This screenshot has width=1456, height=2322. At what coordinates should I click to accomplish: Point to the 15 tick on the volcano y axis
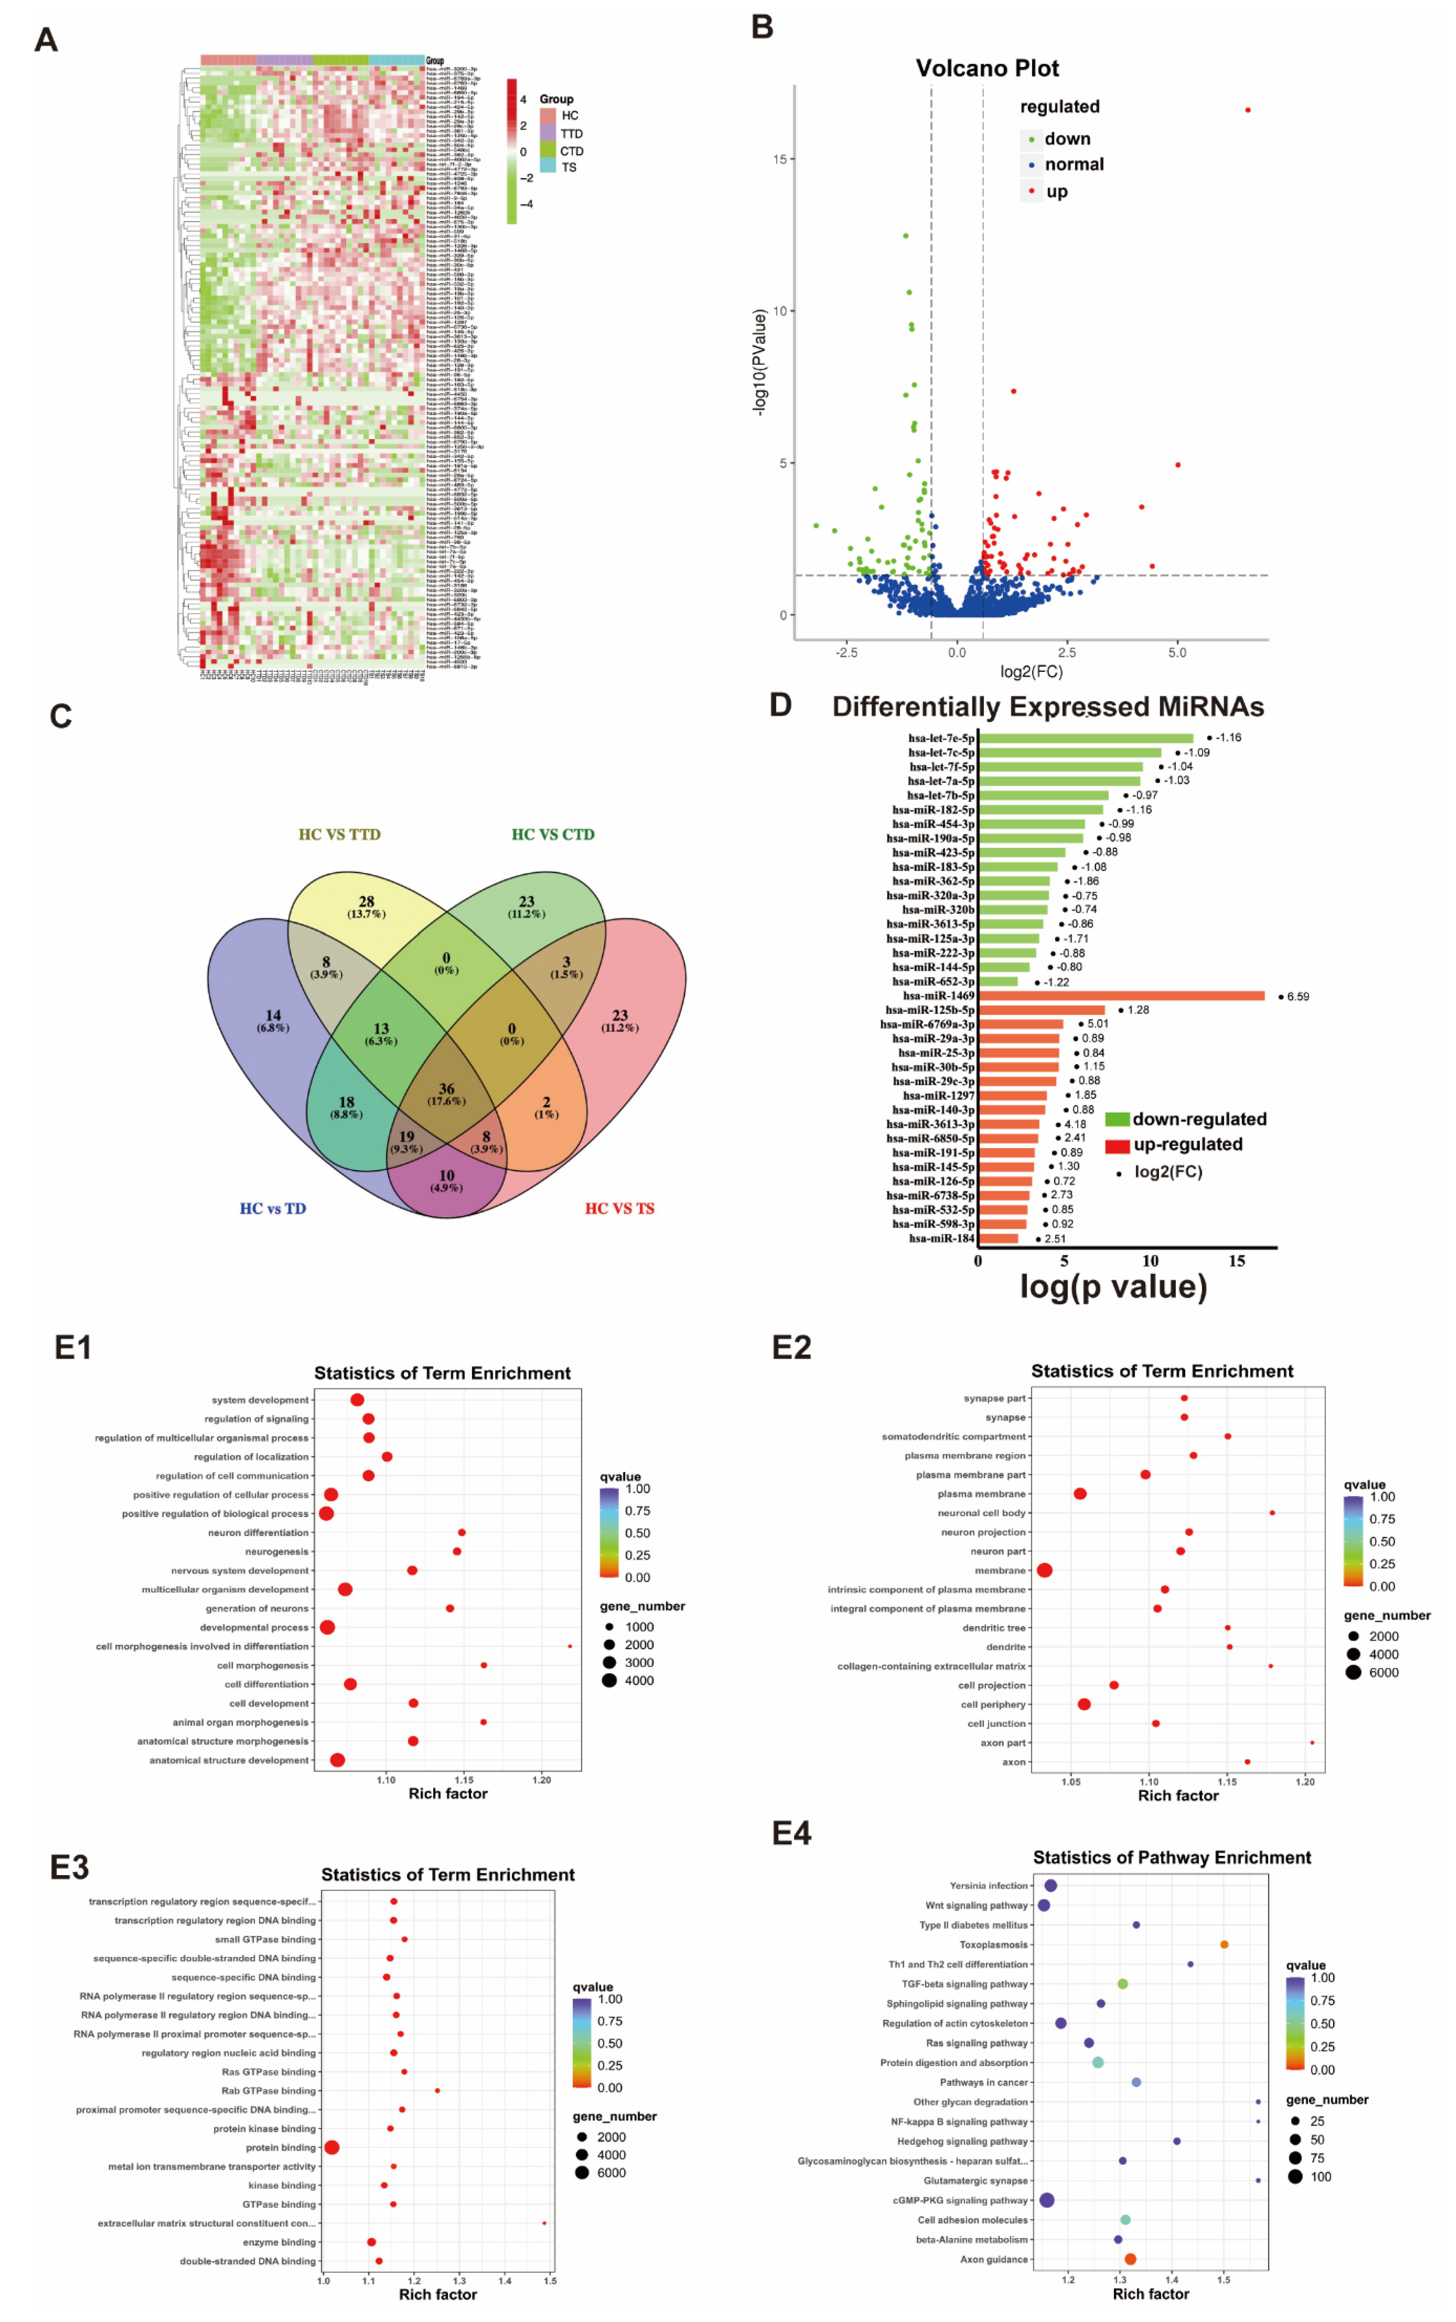[x=779, y=159]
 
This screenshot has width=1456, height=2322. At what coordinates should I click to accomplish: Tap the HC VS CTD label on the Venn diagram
[x=553, y=834]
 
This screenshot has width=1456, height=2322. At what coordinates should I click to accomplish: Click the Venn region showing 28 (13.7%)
[x=366, y=906]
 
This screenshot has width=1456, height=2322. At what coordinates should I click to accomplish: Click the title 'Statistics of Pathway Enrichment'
[x=1171, y=1857]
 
